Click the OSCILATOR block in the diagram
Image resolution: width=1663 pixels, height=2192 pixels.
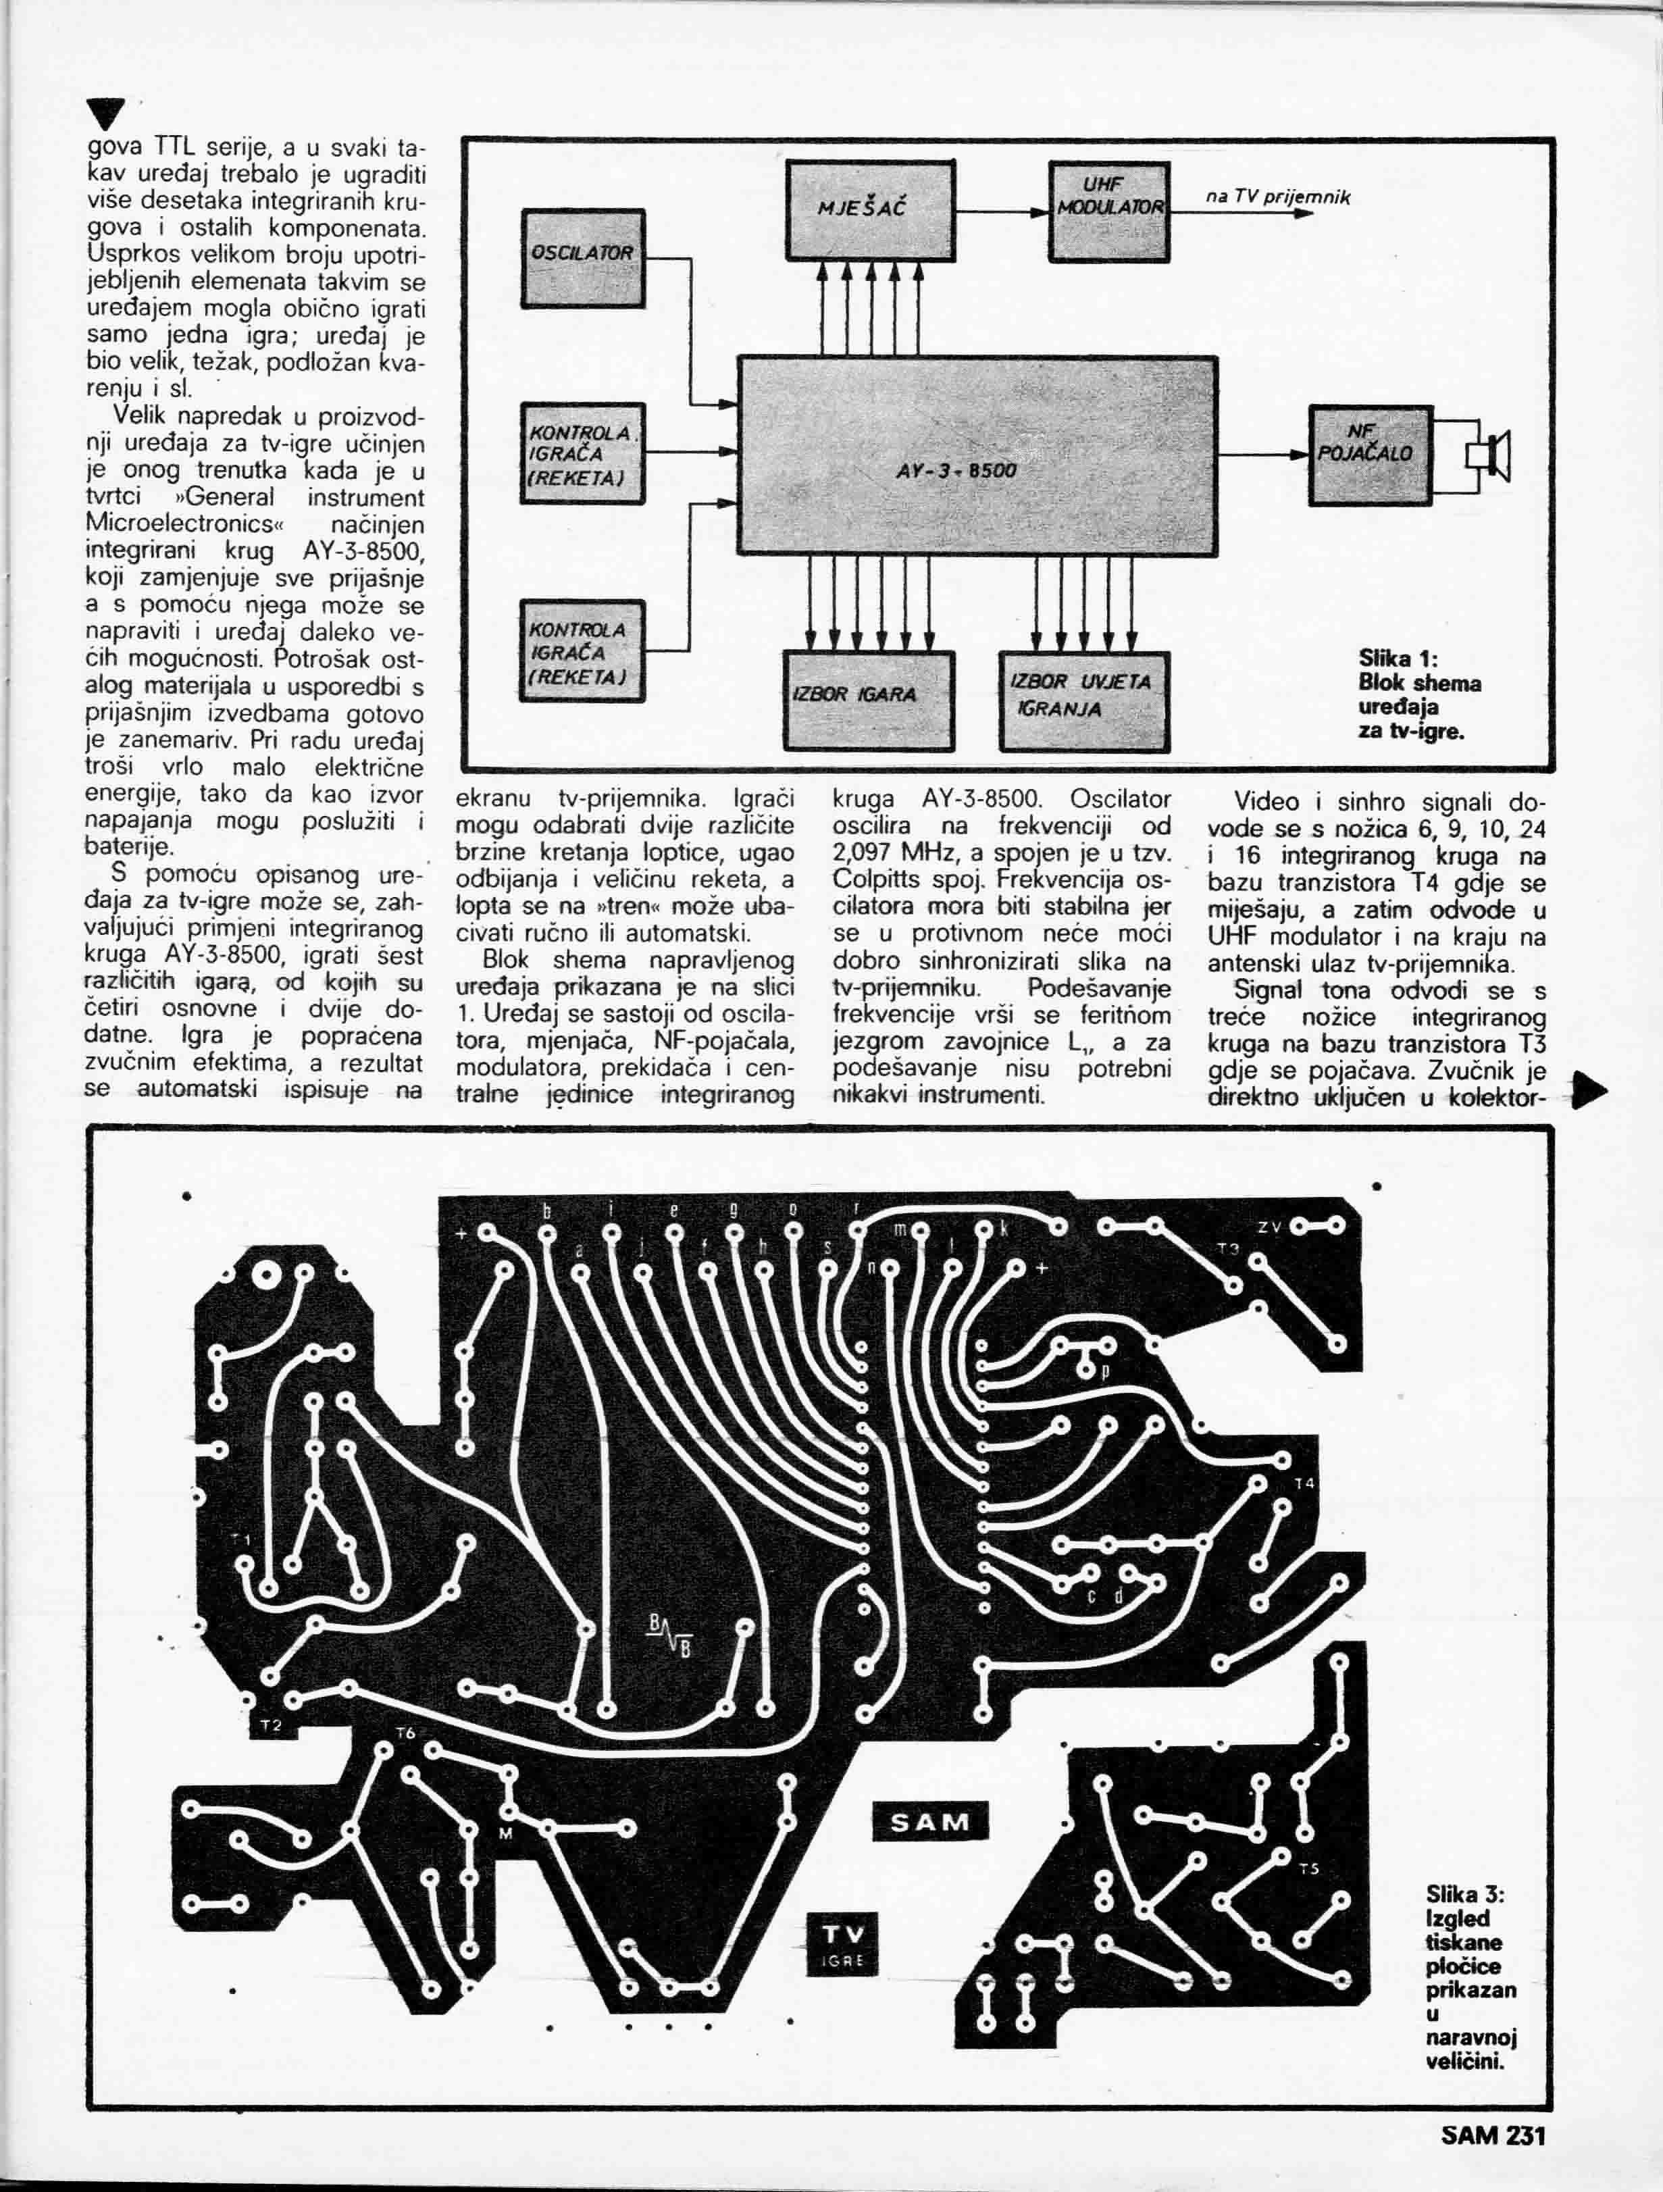pos(583,257)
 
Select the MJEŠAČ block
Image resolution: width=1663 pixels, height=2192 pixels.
pos(869,210)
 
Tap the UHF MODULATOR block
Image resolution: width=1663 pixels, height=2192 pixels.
pos(1109,210)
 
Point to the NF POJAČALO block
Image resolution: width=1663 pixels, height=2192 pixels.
pos(1370,455)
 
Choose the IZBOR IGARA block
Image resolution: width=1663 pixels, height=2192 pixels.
pos(868,700)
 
